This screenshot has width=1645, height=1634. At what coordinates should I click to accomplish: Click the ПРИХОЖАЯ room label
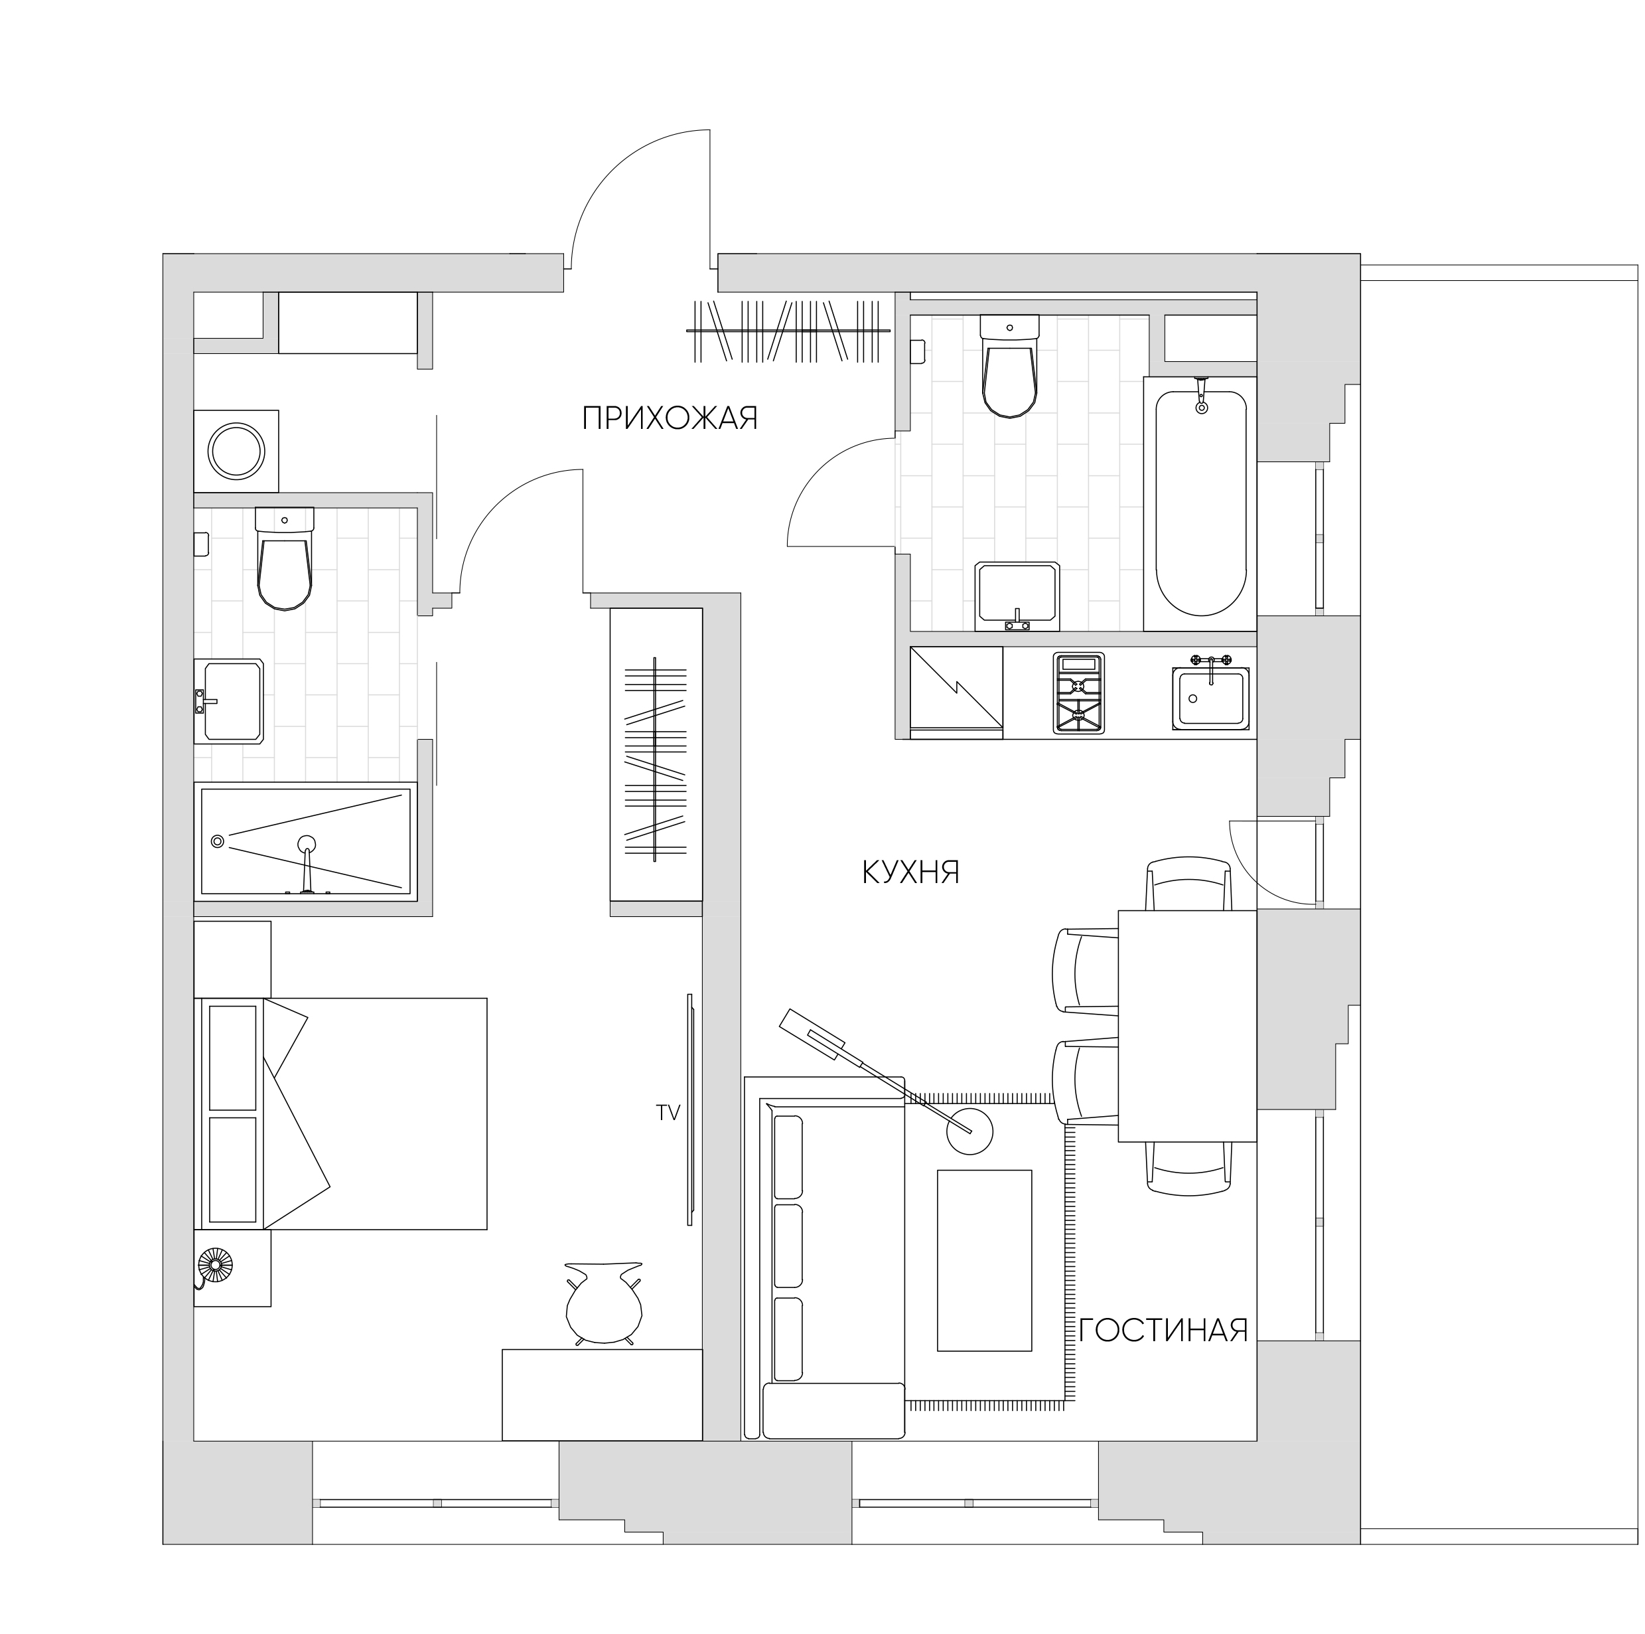(x=670, y=418)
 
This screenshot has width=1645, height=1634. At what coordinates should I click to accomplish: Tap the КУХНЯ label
(x=911, y=872)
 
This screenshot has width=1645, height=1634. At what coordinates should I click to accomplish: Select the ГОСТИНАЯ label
(x=1163, y=1330)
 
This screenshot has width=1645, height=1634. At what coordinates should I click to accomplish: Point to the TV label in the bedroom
(x=668, y=1113)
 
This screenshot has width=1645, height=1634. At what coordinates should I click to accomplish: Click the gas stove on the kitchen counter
(x=1079, y=693)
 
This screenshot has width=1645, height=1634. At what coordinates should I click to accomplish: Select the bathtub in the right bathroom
(x=1200, y=503)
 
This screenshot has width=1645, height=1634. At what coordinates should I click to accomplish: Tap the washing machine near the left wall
(x=237, y=451)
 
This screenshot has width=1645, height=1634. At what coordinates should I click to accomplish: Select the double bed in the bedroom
(x=343, y=1113)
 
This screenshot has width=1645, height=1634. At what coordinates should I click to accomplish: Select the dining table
(x=1188, y=1026)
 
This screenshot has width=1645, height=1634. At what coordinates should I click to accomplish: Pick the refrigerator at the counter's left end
(x=956, y=693)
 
